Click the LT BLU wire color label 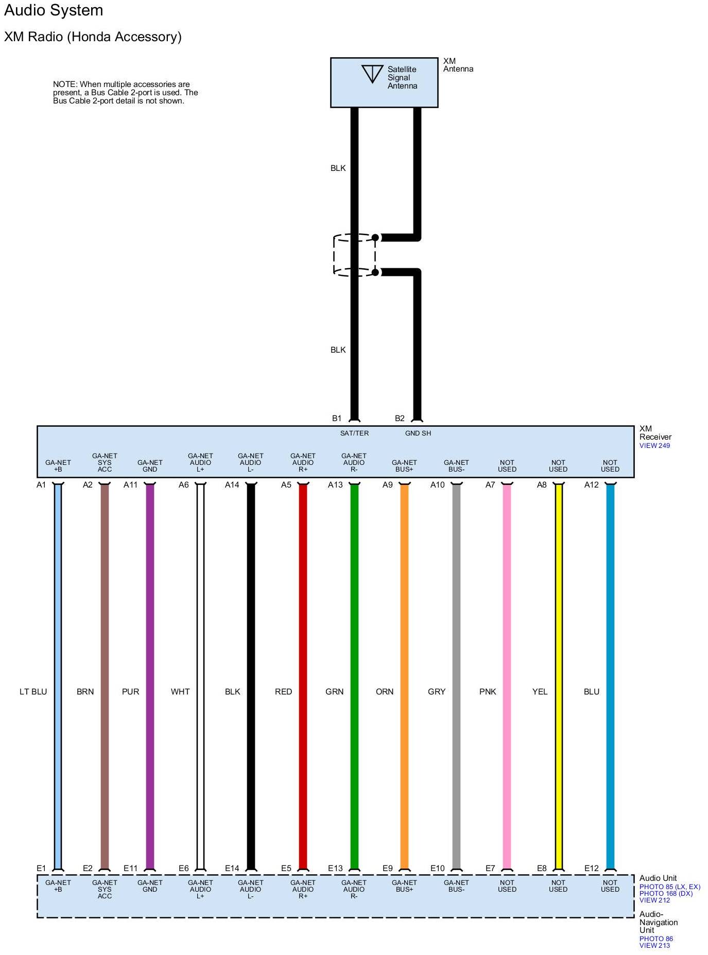(x=33, y=691)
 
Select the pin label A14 (x=232, y=485)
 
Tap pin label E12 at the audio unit (x=592, y=868)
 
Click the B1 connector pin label (x=337, y=418)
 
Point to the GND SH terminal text (x=418, y=433)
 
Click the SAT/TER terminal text (x=354, y=433)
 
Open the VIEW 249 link (x=654, y=446)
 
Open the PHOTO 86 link (x=656, y=939)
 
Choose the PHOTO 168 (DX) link (x=666, y=893)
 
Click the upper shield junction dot (x=375, y=237)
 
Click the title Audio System (x=54, y=10)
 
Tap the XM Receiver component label (x=655, y=432)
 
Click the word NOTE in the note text (x=65, y=84)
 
